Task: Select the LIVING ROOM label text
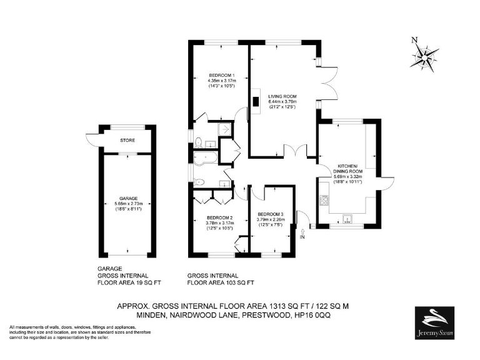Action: [x=282, y=96]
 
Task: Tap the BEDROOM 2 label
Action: [x=220, y=217]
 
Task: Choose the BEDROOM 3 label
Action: [x=270, y=214]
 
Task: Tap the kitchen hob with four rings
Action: [x=324, y=201]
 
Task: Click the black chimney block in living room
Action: [x=256, y=102]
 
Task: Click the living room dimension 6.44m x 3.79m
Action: [x=282, y=101]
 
